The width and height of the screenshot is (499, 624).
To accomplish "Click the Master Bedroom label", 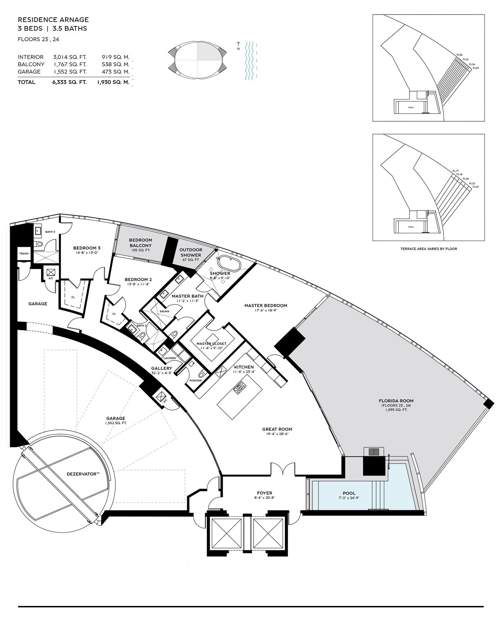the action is click(266, 305).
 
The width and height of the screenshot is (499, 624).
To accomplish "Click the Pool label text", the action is click(349, 493).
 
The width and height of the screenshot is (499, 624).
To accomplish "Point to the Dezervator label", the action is click(83, 474).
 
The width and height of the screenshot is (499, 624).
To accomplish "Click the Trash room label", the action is click(24, 253).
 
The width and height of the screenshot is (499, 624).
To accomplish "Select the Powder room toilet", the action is click(203, 374).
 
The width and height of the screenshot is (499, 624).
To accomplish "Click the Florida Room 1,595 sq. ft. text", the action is click(396, 410).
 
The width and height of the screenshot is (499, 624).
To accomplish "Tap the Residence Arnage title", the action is click(53, 20).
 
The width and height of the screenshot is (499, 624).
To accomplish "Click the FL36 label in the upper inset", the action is click(460, 55).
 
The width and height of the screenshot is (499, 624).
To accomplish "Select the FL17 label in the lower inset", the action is click(456, 171).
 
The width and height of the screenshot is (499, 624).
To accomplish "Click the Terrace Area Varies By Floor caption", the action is click(429, 249).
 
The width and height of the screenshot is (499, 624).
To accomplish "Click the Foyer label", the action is click(264, 493).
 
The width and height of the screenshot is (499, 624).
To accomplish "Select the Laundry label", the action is click(170, 358).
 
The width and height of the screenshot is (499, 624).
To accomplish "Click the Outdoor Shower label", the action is click(191, 252).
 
